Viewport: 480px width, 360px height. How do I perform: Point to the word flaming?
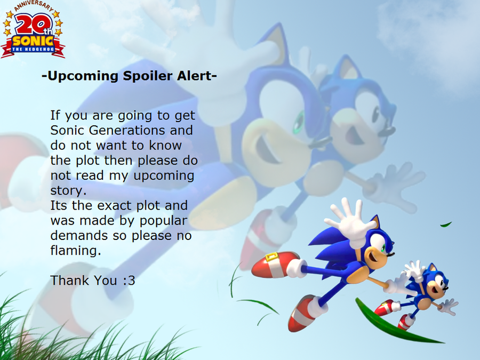[x=75, y=251]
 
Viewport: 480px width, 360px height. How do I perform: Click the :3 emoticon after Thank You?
[x=129, y=281]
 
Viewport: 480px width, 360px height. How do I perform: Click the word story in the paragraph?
[x=68, y=191]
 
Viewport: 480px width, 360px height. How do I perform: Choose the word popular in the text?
[x=163, y=221]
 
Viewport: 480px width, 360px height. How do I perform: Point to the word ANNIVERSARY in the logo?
[x=34, y=6]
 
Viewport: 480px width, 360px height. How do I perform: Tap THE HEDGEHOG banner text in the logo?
[x=33, y=49]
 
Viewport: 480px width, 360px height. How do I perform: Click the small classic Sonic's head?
[x=434, y=282]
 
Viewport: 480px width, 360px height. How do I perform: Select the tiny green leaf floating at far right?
[x=446, y=225]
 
